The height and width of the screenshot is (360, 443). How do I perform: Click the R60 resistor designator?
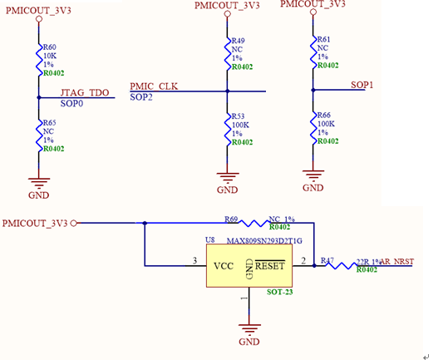50,47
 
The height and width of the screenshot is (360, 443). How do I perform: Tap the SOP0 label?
71,104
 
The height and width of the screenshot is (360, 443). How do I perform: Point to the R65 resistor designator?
50,122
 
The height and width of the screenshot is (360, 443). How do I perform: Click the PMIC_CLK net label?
154,86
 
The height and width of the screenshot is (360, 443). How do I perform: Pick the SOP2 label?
141,96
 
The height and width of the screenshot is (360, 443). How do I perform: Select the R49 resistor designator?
238,40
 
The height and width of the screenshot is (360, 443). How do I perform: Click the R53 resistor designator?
238,116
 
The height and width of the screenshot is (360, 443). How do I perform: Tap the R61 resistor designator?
323,39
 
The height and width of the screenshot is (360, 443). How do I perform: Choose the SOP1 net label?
362,85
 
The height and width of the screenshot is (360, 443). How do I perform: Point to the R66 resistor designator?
323,115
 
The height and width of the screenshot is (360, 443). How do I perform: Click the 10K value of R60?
50,56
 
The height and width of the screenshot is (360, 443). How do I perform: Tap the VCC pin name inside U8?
224,266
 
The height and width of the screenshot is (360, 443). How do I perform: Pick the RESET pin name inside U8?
269,266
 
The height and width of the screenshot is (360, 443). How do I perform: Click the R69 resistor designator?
232,219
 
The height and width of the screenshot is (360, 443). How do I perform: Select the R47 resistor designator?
327,260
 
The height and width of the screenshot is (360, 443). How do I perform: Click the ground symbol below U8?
249,330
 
